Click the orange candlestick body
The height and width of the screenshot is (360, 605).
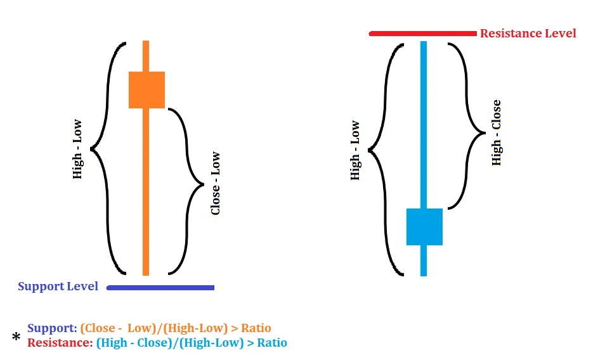click(x=146, y=89)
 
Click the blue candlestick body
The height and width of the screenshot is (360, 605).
click(x=424, y=226)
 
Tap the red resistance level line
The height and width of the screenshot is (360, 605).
click(x=422, y=34)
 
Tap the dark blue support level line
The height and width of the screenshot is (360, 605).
click(x=160, y=288)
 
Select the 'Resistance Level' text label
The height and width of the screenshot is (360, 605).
click(x=528, y=34)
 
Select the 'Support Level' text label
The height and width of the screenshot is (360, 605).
click(x=58, y=286)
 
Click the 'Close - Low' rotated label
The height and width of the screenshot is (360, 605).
click(x=216, y=183)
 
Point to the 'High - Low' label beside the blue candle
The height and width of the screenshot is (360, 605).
click(x=355, y=151)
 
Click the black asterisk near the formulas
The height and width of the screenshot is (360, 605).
click(x=16, y=338)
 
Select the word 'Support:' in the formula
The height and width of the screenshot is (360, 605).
click(x=52, y=328)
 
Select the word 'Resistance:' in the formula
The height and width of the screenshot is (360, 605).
click(x=60, y=343)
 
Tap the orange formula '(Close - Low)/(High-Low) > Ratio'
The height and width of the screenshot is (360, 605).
click(x=176, y=328)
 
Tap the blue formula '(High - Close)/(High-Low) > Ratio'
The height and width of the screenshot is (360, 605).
click(x=192, y=343)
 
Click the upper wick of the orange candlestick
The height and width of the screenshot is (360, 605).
click(x=146, y=56)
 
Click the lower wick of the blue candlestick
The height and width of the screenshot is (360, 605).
click(x=424, y=260)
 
